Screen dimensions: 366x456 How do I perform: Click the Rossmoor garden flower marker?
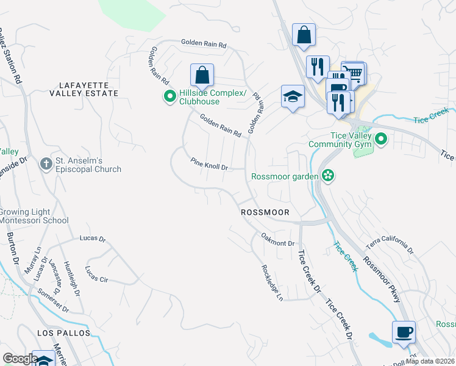click(328, 176)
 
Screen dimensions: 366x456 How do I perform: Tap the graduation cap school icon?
click(293, 96)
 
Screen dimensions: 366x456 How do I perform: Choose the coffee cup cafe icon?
click(404, 332)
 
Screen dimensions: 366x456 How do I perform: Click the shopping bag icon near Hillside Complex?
click(202, 76)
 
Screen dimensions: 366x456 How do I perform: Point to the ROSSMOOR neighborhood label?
click(265, 212)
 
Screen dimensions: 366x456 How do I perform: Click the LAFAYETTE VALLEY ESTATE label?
click(89, 89)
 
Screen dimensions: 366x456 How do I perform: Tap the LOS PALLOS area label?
click(63, 334)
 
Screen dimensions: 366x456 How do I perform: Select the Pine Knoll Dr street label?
click(209, 165)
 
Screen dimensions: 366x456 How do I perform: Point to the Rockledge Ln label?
click(272, 282)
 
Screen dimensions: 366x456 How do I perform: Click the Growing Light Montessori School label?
click(34, 216)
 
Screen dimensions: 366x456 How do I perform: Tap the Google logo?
click(20, 359)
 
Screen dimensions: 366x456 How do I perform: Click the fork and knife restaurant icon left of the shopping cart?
click(317, 67)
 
